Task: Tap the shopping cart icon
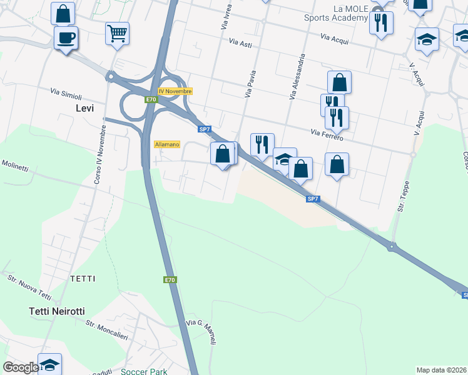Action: (x=117, y=33)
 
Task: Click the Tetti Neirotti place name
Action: (x=56, y=311)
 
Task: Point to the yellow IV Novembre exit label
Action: (x=175, y=91)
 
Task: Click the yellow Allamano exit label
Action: (x=167, y=144)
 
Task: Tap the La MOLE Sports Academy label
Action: (x=337, y=13)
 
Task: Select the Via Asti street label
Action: (x=240, y=43)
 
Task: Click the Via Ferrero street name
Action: (x=327, y=134)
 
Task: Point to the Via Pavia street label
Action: (x=252, y=85)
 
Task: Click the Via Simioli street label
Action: (x=66, y=95)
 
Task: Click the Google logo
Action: (x=21, y=367)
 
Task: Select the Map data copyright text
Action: (x=442, y=370)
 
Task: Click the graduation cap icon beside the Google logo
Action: (x=49, y=364)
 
